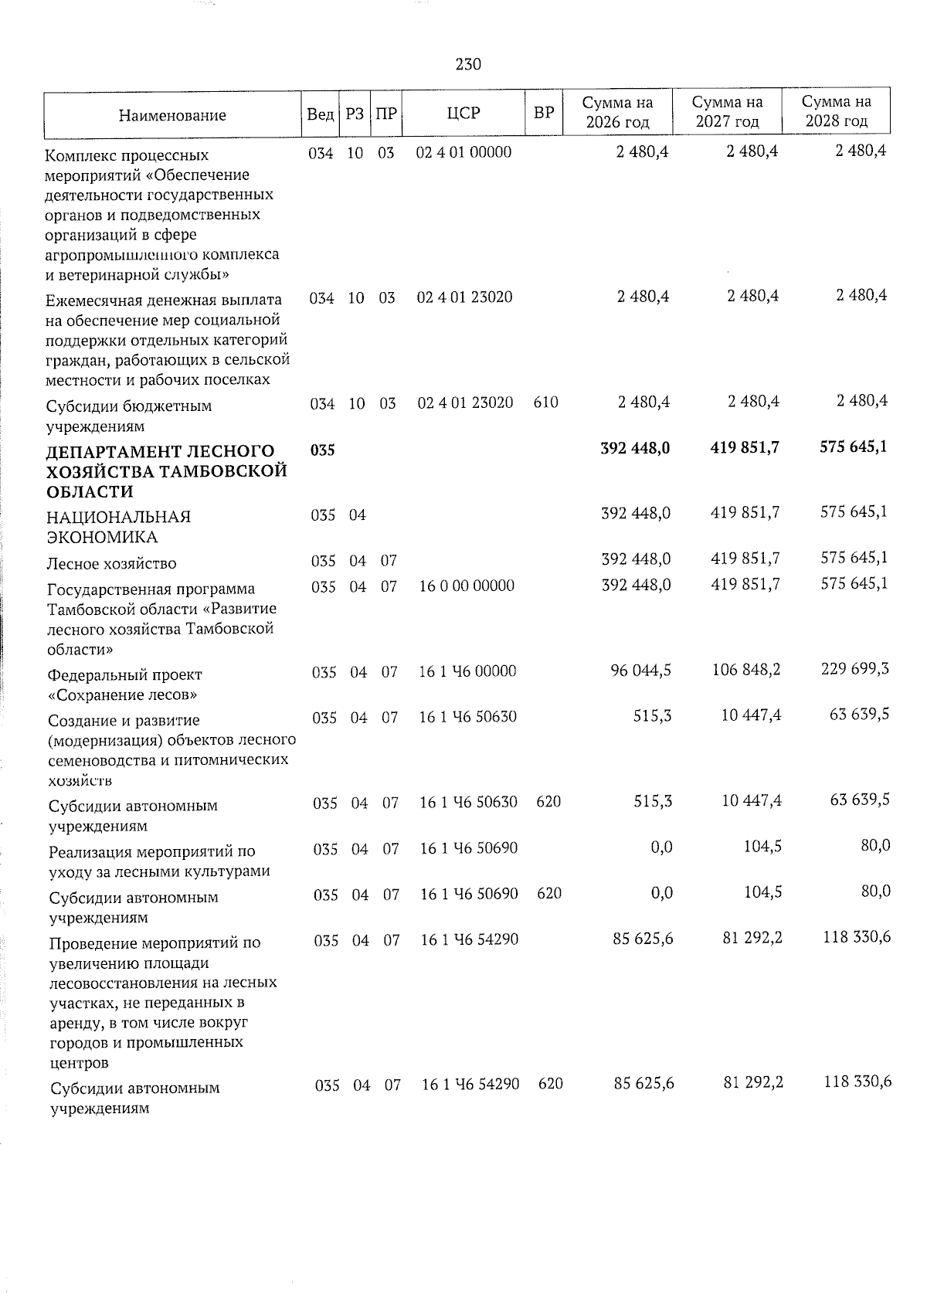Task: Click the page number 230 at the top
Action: coord(468,65)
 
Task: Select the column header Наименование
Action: coord(172,116)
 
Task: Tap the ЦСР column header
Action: coord(463,114)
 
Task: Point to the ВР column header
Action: coord(544,114)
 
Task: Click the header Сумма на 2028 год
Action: coord(837,112)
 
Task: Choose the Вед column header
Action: coord(320,114)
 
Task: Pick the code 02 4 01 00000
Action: coord(463,152)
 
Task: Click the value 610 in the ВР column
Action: coord(545,402)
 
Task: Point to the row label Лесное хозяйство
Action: coord(111,563)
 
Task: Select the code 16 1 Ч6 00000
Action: coord(467,671)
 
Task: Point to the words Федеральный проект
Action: coord(124,674)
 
